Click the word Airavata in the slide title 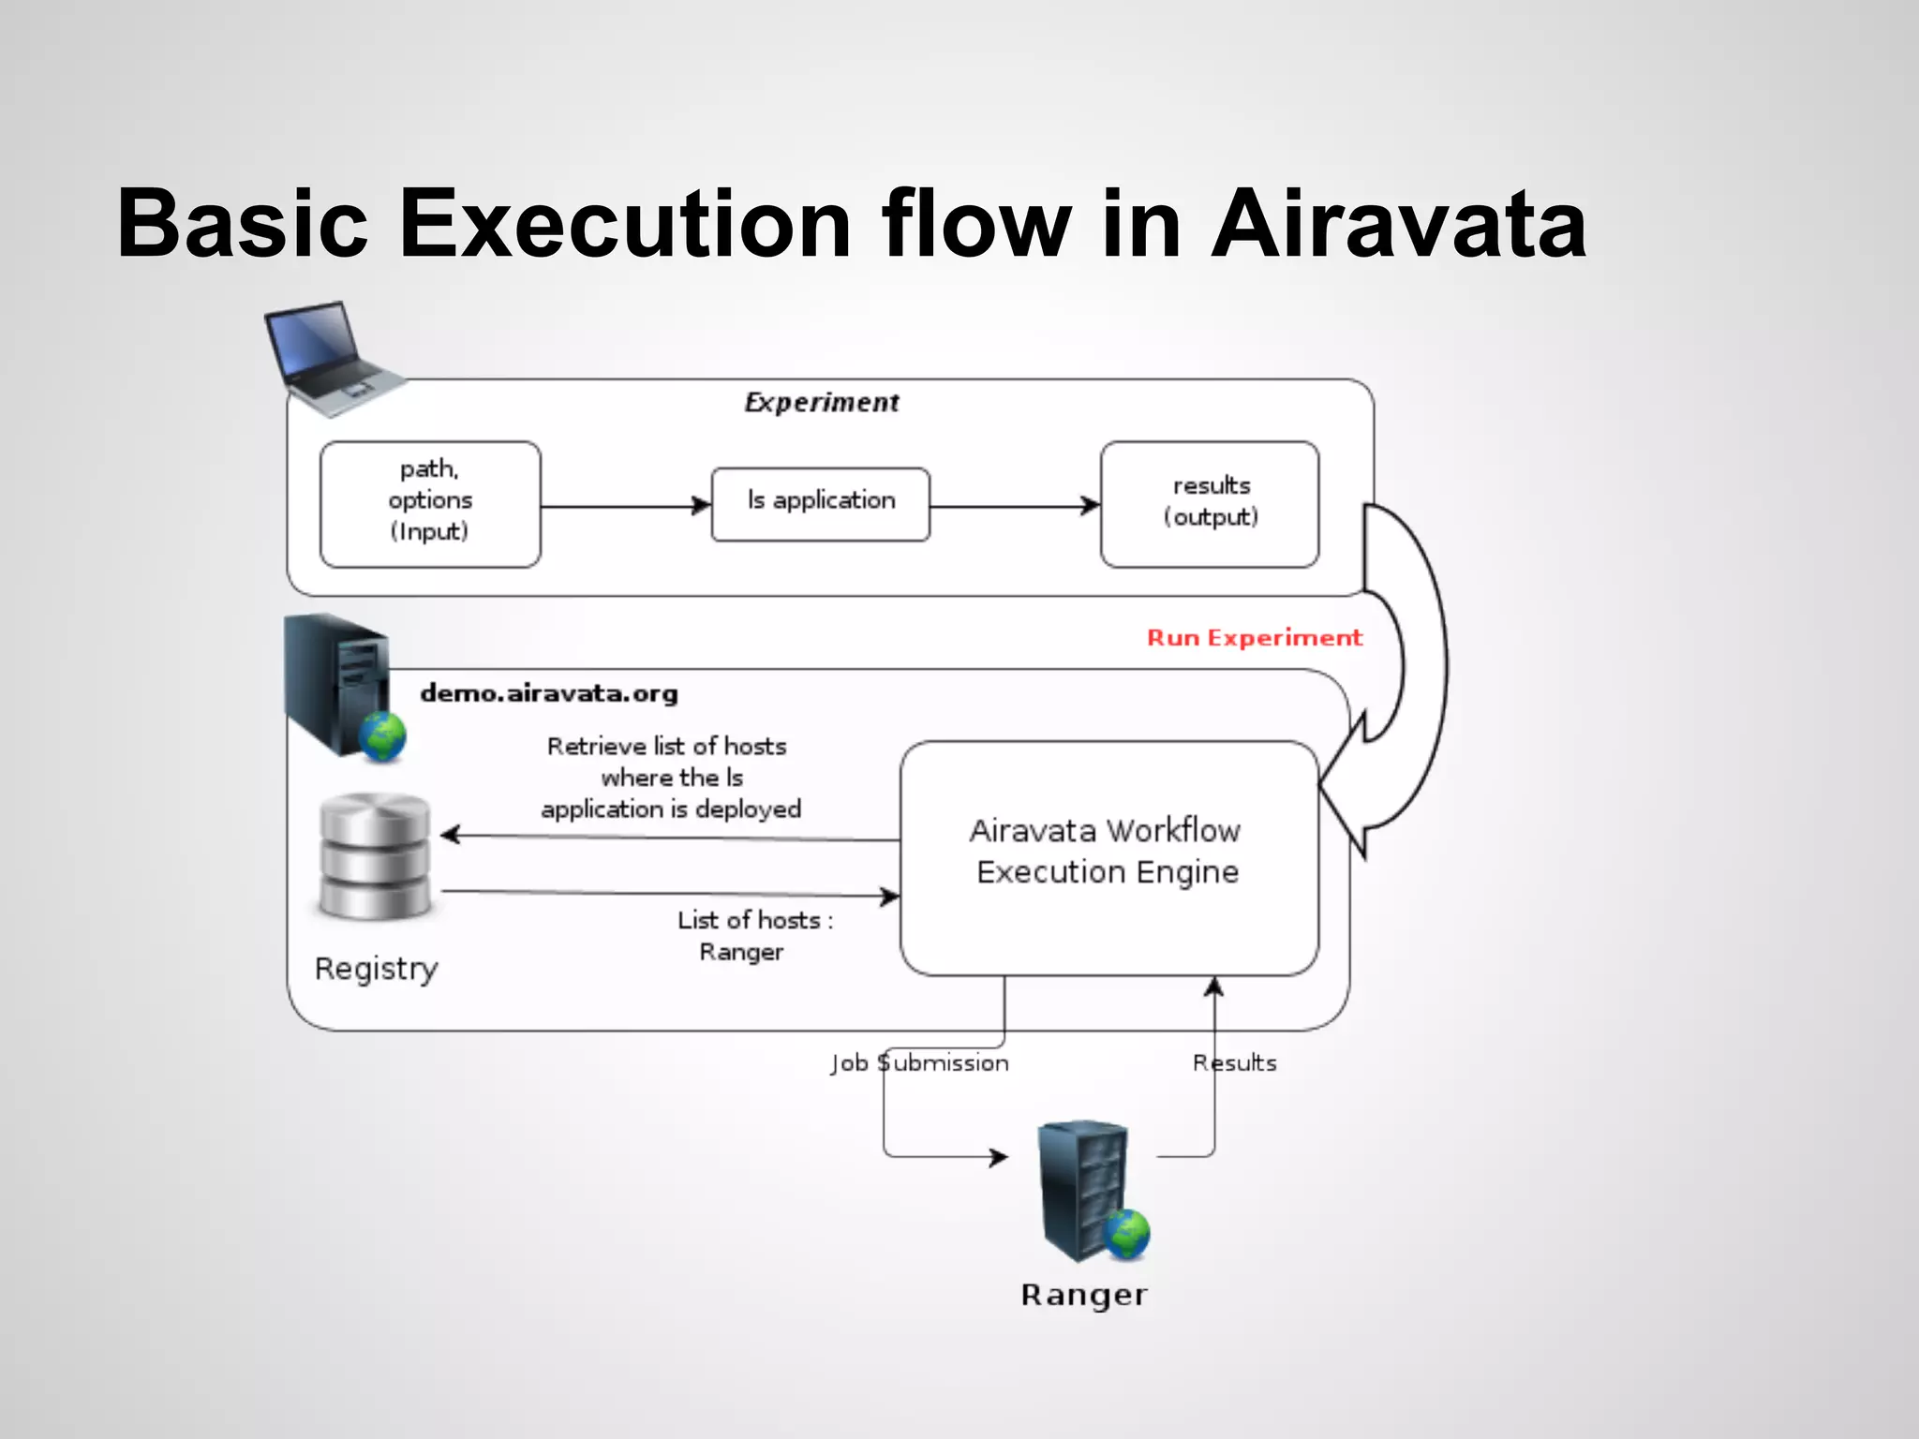tap(1398, 225)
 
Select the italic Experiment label tap(822, 403)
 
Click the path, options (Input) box tap(430, 504)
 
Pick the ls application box tap(821, 504)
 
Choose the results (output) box tap(1210, 504)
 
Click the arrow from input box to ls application tap(625, 507)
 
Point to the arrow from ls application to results tap(1014, 507)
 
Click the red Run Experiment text tap(1254, 638)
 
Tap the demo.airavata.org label tap(549, 693)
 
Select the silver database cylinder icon tap(375, 855)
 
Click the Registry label tap(376, 969)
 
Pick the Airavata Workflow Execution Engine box tap(1108, 857)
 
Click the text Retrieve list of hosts tap(667, 747)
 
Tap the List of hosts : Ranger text tap(753, 935)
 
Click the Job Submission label tap(919, 1063)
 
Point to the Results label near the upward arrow tap(1234, 1063)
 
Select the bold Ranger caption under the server tap(1084, 1296)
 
